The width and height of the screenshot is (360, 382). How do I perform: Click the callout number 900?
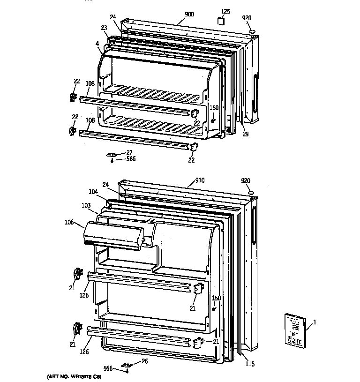[x=189, y=15]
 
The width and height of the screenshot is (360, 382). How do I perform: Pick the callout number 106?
[x=69, y=222]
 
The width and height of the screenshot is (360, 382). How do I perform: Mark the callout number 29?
[x=245, y=134]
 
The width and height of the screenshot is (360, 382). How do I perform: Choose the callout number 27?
[x=129, y=152]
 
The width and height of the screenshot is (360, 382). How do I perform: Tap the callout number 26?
[x=144, y=361]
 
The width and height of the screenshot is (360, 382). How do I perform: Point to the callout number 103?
[x=86, y=205]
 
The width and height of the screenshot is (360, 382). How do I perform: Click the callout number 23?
[x=104, y=28]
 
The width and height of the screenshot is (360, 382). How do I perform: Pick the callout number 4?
[x=97, y=45]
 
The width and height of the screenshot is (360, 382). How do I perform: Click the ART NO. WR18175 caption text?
[x=74, y=377]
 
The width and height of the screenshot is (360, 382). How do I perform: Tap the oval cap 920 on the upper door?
[x=252, y=32]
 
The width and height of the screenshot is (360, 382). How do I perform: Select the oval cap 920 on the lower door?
[x=250, y=193]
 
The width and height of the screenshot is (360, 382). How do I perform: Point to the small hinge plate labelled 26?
[x=127, y=365]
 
